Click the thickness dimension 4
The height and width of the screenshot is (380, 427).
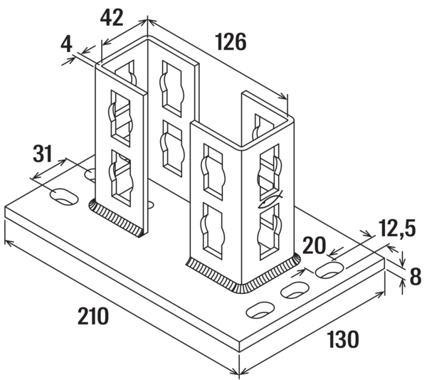click(67, 45)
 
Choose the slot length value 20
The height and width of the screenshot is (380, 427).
click(314, 246)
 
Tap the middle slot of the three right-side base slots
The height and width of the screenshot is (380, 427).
click(295, 290)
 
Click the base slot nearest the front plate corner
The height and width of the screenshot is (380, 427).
click(261, 310)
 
